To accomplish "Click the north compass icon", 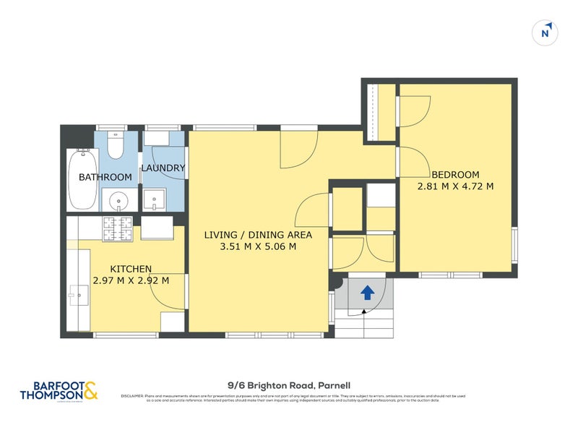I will [547, 33].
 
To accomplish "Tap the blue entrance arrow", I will [367, 292].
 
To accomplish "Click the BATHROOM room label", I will [105, 177].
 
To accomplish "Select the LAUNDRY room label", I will [163, 168].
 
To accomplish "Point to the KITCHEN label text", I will [131, 269].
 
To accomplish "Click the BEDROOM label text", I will [455, 174].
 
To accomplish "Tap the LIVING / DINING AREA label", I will [258, 235].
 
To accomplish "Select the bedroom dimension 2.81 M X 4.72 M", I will [455, 186].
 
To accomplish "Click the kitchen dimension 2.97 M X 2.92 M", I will [131, 280].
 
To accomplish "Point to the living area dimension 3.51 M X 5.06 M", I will [258, 246].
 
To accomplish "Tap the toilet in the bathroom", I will [115, 145].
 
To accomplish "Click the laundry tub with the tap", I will [154, 199].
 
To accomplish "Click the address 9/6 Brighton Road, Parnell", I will [288, 386].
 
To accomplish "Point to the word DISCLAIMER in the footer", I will [132, 397].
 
